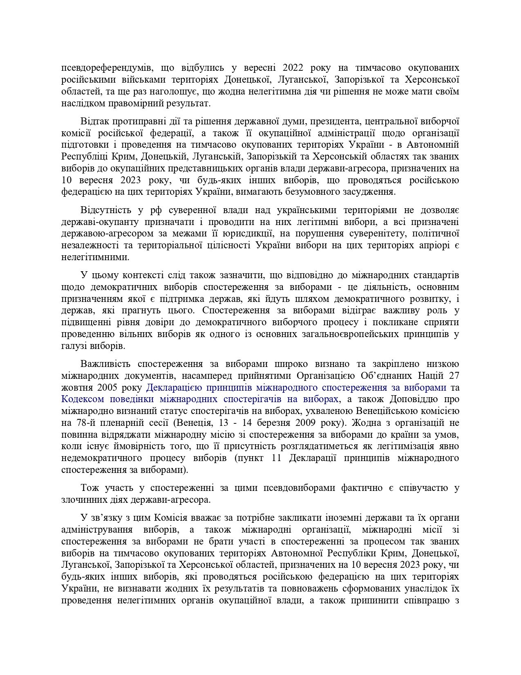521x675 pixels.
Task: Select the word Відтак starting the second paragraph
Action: tap(94, 121)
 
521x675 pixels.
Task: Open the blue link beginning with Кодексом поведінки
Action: tap(200, 399)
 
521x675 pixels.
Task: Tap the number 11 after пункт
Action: tap(277, 458)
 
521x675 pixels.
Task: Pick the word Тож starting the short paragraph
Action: tap(89, 488)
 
